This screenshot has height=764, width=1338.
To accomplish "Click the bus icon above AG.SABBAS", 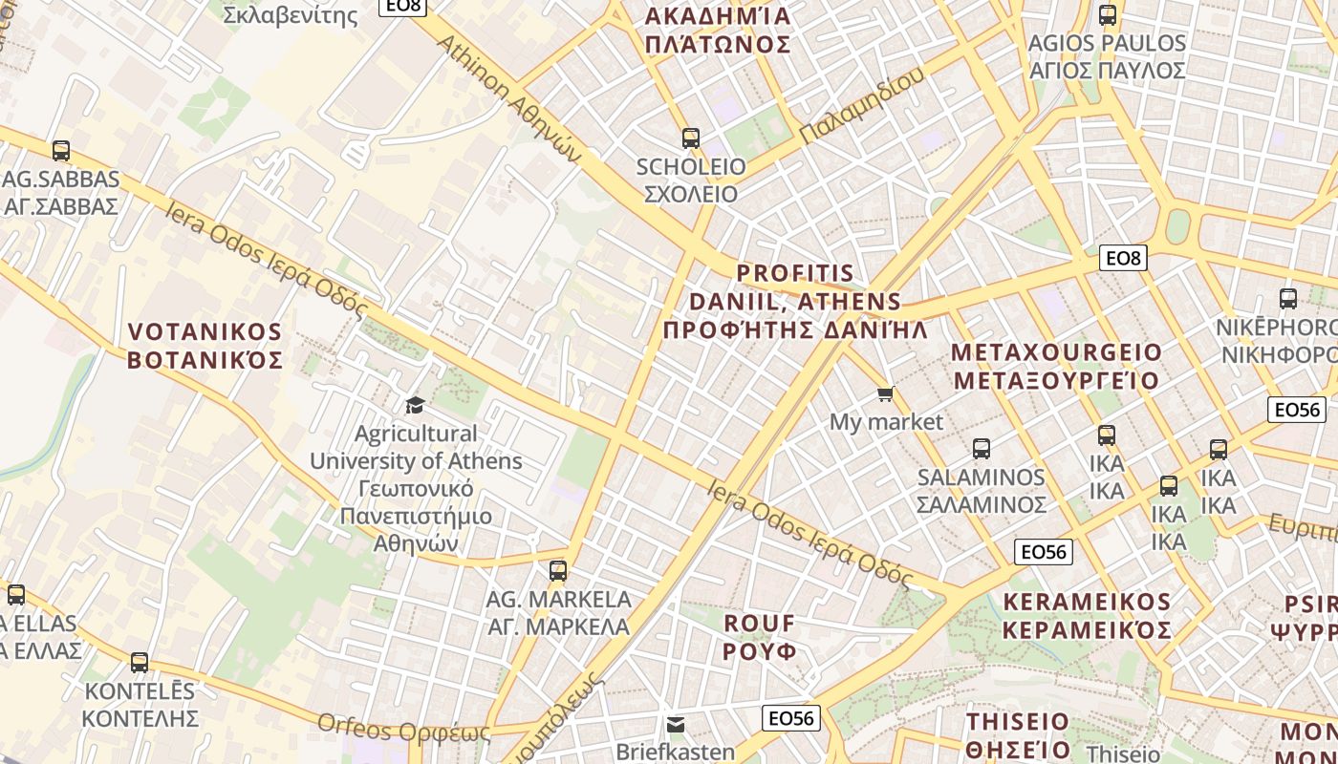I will (x=61, y=150).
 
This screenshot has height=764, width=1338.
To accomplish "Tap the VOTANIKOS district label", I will (x=205, y=346).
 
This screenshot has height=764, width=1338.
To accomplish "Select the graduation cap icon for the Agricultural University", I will (x=415, y=405).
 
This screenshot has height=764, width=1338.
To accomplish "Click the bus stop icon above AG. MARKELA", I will (x=558, y=571).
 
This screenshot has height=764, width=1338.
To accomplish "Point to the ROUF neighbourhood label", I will (x=760, y=637).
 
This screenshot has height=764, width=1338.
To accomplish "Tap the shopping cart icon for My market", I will (x=886, y=393).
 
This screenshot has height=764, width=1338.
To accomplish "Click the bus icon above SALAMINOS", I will (x=981, y=448).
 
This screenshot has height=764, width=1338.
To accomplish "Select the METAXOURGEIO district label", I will (x=1056, y=366).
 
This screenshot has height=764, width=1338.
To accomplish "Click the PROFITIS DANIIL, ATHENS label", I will (x=795, y=302).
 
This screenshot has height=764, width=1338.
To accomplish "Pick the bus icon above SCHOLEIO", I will (x=690, y=138).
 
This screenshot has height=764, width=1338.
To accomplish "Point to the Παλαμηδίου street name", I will (x=863, y=106).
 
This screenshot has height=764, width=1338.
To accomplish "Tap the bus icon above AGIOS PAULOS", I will (x=1108, y=15).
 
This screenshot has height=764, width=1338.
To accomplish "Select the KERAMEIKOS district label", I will (x=1087, y=616).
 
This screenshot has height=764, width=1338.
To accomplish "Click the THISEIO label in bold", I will (x=1018, y=734).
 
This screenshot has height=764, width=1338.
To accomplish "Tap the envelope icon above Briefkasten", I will (x=676, y=724).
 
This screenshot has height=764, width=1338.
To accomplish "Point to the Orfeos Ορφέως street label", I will (x=403, y=730).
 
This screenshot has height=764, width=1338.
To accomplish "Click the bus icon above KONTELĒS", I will (x=140, y=662).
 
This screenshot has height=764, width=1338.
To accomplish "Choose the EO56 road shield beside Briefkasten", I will (x=792, y=718).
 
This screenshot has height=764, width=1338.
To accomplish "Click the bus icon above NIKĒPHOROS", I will (x=1288, y=299).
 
